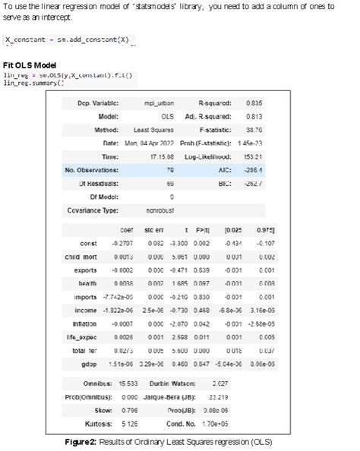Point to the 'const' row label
click(x=89, y=243)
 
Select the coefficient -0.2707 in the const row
click(x=122, y=243)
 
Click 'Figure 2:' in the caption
click(x=106, y=442)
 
